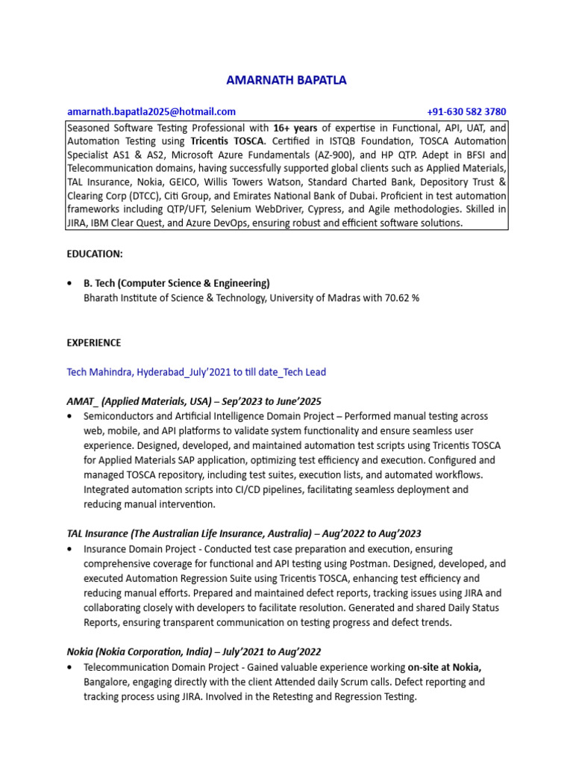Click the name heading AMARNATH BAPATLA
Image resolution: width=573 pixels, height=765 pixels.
tap(286, 80)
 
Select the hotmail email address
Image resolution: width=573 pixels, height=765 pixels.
tap(151, 111)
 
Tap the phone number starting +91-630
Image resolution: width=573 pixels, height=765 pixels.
tap(466, 111)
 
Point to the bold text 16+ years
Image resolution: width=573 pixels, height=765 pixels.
tap(295, 127)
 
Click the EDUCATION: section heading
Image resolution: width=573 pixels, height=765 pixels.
tap(95, 254)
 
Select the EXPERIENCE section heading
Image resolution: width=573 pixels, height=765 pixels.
tap(94, 342)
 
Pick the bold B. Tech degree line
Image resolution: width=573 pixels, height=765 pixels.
tap(176, 283)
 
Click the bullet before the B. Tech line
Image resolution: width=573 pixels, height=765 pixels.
tap(70, 284)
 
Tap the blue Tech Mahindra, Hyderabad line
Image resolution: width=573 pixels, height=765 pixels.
tap(196, 372)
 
